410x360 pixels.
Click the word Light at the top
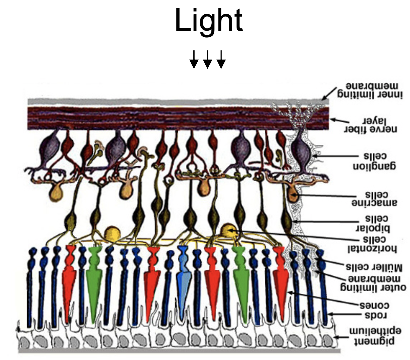pos(209,21)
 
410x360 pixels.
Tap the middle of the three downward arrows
pos(207,60)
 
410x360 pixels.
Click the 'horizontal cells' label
pos(373,244)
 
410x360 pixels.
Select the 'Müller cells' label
pos(374,268)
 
